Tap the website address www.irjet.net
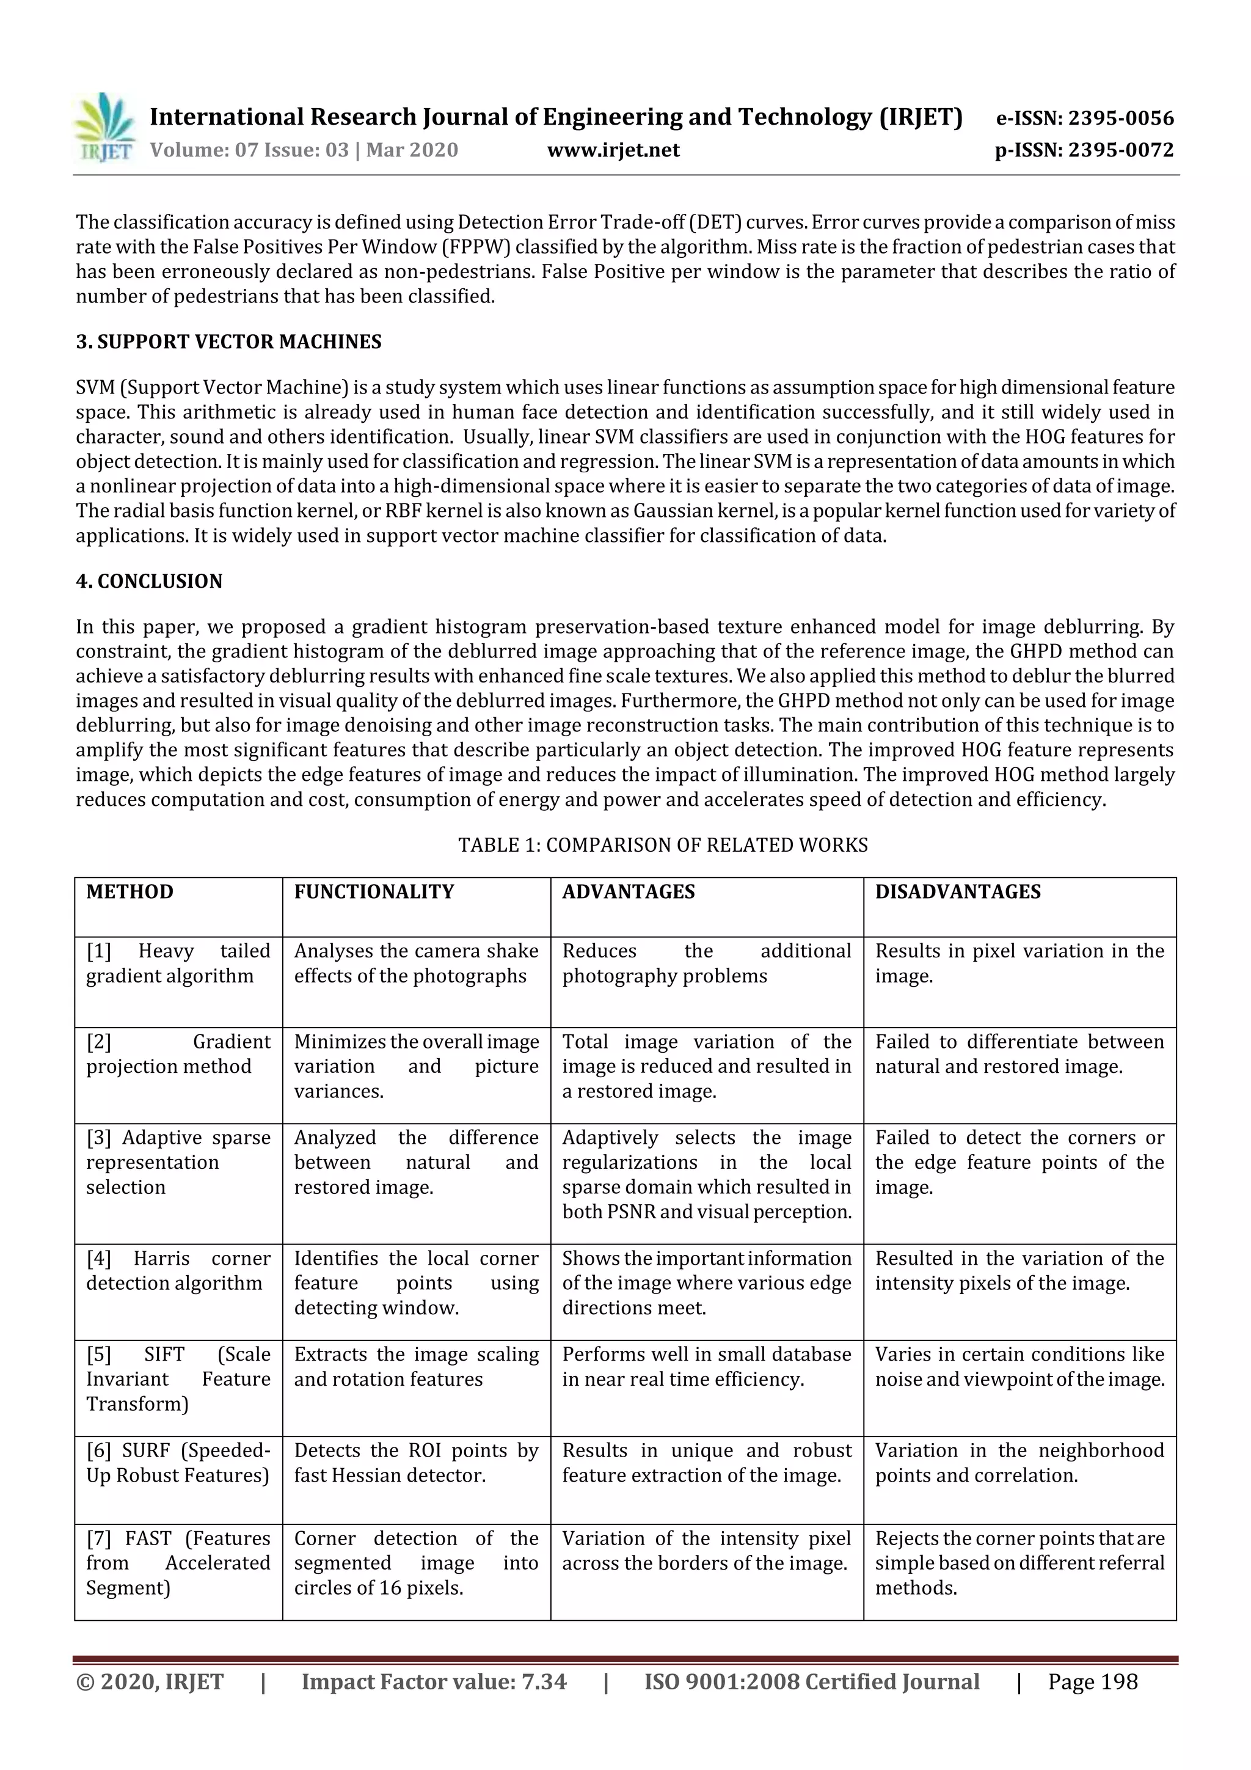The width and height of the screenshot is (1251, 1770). (613, 150)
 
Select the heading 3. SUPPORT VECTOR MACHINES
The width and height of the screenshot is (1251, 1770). (228, 342)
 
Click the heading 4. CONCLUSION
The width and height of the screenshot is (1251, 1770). (149, 580)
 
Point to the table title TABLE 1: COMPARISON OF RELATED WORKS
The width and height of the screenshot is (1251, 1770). (663, 845)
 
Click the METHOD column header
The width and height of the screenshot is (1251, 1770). (129, 892)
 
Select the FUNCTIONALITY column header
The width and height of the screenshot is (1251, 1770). (374, 892)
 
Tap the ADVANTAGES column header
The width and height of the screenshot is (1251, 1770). (628, 892)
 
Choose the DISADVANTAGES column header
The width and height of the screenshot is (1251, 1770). (957, 892)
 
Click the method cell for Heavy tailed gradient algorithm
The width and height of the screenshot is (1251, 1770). (178, 964)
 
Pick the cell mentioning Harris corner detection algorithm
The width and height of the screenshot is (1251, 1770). (178, 1270)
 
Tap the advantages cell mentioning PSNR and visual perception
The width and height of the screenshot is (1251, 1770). (707, 1174)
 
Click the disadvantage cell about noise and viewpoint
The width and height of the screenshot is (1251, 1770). (1019, 1366)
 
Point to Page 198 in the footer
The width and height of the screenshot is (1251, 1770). (1092, 1681)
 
